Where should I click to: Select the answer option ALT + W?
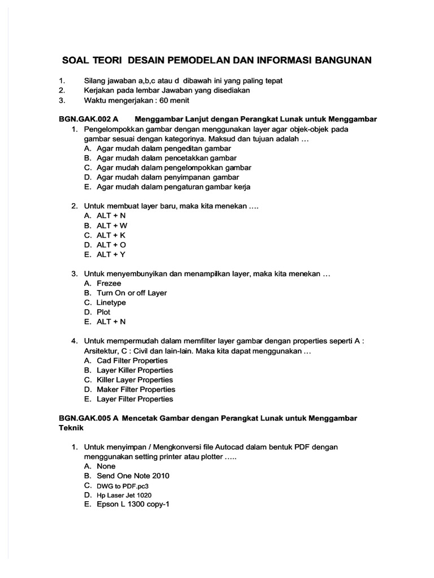[112, 225]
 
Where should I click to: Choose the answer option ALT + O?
[111, 245]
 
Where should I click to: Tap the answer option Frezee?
[109, 283]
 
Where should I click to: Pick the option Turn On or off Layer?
[132, 293]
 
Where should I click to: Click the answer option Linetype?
[111, 303]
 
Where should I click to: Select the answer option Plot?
[103, 312]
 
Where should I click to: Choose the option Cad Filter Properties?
[132, 360]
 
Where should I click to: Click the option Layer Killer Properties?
[135, 370]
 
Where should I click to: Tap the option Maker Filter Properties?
[136, 389]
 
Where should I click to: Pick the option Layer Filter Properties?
[134, 399]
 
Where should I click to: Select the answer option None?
[106, 466]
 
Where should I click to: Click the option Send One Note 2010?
[133, 476]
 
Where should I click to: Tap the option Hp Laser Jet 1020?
[124, 495]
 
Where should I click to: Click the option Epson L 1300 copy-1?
[133, 505]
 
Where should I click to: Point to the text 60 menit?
[172, 100]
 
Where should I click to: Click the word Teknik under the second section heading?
[71, 428]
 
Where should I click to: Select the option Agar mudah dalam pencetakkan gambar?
[167, 158]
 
